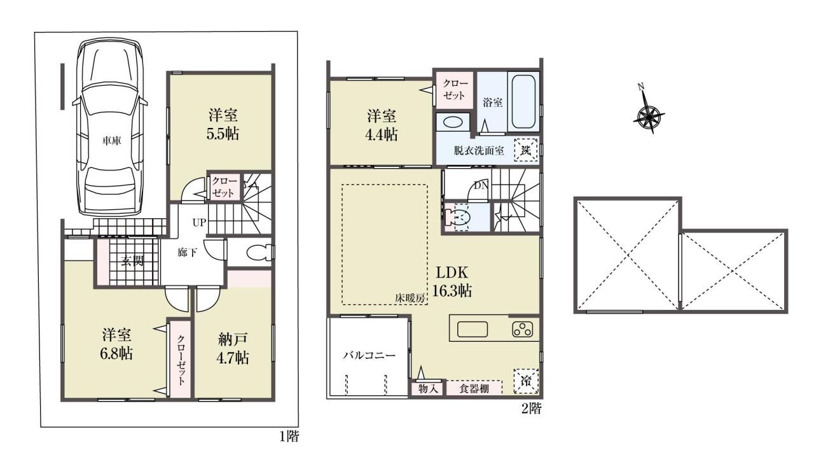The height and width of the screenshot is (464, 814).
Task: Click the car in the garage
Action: (x=110, y=129)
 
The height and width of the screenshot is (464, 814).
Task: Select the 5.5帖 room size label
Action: (x=223, y=134)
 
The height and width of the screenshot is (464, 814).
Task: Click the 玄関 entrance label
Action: (x=132, y=261)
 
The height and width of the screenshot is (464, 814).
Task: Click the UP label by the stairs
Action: (x=199, y=222)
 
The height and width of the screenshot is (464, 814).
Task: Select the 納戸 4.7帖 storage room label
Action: (x=233, y=348)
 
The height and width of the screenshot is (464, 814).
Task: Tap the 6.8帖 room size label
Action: (x=116, y=353)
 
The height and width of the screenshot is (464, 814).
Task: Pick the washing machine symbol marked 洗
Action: (x=526, y=150)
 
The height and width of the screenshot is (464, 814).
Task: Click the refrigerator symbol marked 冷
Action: (x=525, y=381)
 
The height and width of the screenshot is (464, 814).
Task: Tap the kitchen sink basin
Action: (x=473, y=330)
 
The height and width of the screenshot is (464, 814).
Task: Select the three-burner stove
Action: (x=523, y=330)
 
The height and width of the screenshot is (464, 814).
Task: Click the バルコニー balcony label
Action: (x=369, y=355)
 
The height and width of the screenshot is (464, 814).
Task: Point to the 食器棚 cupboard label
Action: (x=474, y=389)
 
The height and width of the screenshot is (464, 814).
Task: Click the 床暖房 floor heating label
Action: (x=410, y=298)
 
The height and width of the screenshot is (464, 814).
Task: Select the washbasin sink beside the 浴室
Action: (x=452, y=122)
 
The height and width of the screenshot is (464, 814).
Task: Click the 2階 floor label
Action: (x=531, y=409)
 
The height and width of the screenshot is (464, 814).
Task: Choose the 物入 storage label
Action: (x=427, y=389)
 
